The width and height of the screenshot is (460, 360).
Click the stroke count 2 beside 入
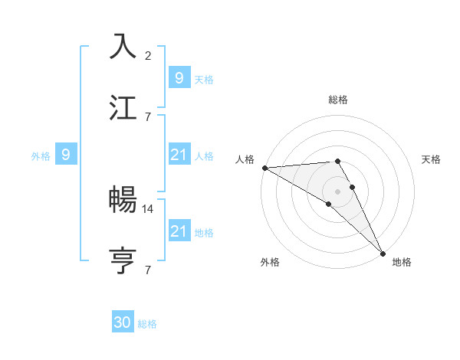pyautogui.click(x=148, y=55)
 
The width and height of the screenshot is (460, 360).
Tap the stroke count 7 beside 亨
pyautogui.click(x=148, y=270)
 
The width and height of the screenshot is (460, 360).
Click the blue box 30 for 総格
pyautogui.click(x=123, y=323)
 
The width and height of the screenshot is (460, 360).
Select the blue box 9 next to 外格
pyautogui.click(x=66, y=155)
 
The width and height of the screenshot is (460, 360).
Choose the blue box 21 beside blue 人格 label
pyautogui.click(x=179, y=155)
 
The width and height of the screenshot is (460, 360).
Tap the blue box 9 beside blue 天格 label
pyautogui.click(x=179, y=78)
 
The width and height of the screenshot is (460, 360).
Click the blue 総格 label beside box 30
pyautogui.click(x=147, y=324)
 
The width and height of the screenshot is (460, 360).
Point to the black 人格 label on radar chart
pyautogui.click(x=245, y=159)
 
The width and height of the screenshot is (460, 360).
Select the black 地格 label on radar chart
pyautogui.click(x=402, y=262)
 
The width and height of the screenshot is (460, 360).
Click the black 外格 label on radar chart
pyautogui.click(x=270, y=262)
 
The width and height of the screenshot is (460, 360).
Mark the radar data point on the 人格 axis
pyautogui.click(x=264, y=168)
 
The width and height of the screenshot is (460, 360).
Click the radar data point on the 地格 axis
pyautogui.click(x=383, y=254)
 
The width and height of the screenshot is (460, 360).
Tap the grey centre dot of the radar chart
pyautogui.click(x=338, y=191)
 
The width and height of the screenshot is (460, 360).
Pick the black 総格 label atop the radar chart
pyautogui.click(x=338, y=100)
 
